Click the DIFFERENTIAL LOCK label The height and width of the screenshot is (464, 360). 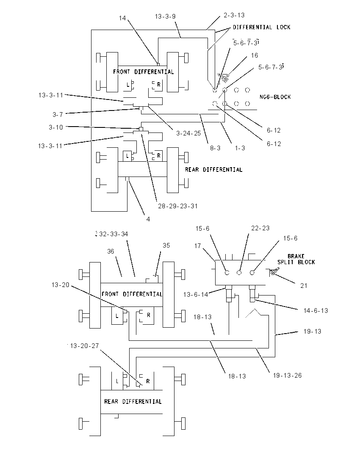point(261,27)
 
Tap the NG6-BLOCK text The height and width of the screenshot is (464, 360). point(275,97)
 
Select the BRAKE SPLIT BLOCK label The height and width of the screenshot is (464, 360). point(296,259)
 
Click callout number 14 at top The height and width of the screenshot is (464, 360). point(122,18)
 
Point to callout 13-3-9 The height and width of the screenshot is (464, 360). point(165,17)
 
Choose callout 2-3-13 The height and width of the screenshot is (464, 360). point(234,15)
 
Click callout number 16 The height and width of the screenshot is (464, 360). point(254,55)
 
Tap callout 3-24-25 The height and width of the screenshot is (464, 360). point(188,133)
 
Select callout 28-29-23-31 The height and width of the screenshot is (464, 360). point(177,206)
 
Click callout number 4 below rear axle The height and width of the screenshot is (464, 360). point(148,219)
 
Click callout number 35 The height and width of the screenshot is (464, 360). point(166,245)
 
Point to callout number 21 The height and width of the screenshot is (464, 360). point(304,286)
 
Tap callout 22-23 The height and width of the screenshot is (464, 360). point(260,228)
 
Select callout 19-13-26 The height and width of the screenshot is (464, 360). point(287,376)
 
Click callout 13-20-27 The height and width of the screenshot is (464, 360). point(84,346)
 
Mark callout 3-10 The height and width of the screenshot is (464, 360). point(56,127)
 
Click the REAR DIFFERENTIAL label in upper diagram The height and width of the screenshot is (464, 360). point(214,170)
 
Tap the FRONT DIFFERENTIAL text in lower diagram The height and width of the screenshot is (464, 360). point(132,294)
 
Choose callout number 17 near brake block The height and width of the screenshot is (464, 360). point(197,246)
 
